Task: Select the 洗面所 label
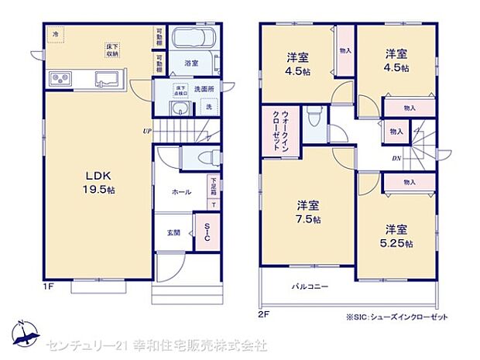[x=204, y=89]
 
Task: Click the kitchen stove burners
[x=60, y=78]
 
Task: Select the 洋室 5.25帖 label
[x=397, y=235]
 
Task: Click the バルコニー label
[x=310, y=286]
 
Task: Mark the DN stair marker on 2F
[x=396, y=158]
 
